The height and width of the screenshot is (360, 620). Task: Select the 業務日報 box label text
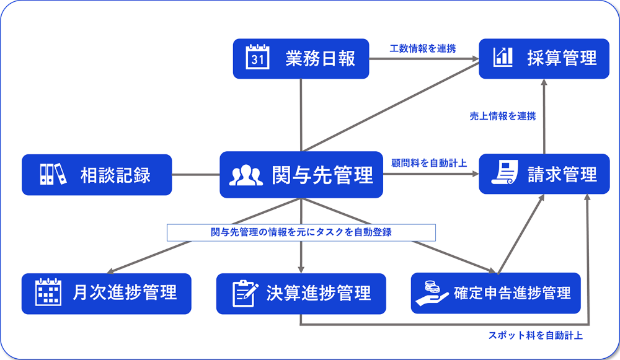(321, 58)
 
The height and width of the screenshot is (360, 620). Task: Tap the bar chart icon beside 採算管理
(503, 57)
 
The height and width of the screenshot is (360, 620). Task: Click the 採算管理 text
(562, 58)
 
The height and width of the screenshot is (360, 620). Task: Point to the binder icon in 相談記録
(52, 174)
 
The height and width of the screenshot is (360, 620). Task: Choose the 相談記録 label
(115, 175)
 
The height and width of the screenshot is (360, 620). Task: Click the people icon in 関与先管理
(246, 175)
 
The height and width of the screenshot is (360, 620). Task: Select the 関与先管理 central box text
(322, 175)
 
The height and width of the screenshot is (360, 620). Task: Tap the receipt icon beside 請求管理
(506, 173)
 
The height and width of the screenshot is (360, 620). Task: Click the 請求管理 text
(562, 174)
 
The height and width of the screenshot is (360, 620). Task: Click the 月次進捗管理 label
(125, 292)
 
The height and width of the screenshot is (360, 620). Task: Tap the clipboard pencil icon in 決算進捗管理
(245, 292)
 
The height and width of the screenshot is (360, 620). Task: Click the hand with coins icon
(432, 292)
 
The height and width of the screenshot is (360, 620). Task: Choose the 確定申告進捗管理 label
(512, 292)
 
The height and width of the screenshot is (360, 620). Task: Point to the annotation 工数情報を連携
(422, 48)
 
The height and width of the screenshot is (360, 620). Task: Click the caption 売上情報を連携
(502, 116)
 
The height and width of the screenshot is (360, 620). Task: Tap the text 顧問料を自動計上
(429, 163)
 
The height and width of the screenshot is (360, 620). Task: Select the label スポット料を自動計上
(535, 336)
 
